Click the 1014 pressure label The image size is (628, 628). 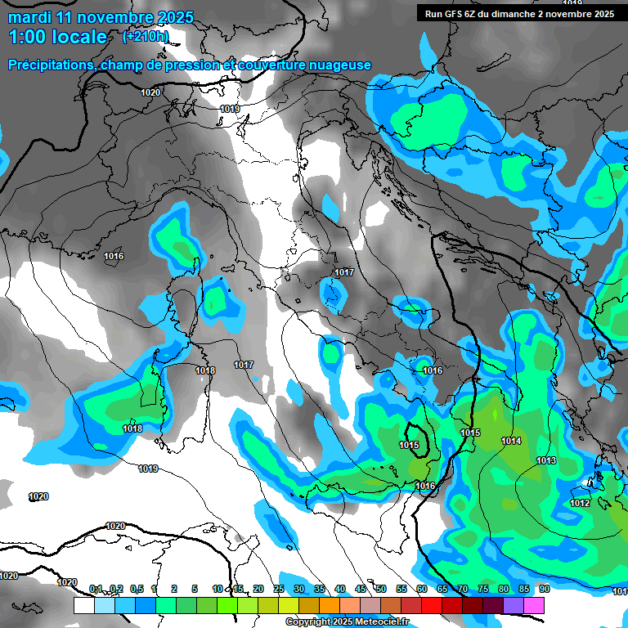coord(511,442)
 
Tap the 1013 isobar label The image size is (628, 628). coord(546,461)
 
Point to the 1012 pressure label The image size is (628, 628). coord(580,504)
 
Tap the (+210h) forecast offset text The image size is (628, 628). coord(146,36)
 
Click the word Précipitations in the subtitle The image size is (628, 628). coord(50,65)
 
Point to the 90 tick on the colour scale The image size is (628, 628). coord(544,589)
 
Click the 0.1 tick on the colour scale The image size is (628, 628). coord(96,589)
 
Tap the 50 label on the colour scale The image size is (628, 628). coord(380,589)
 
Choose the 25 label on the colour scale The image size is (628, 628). coord(279,589)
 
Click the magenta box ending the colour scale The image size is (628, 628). coord(534,605)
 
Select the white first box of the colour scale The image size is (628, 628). coord(83,605)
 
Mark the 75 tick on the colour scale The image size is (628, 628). coord(482,589)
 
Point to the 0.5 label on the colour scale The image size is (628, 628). coord(136,589)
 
